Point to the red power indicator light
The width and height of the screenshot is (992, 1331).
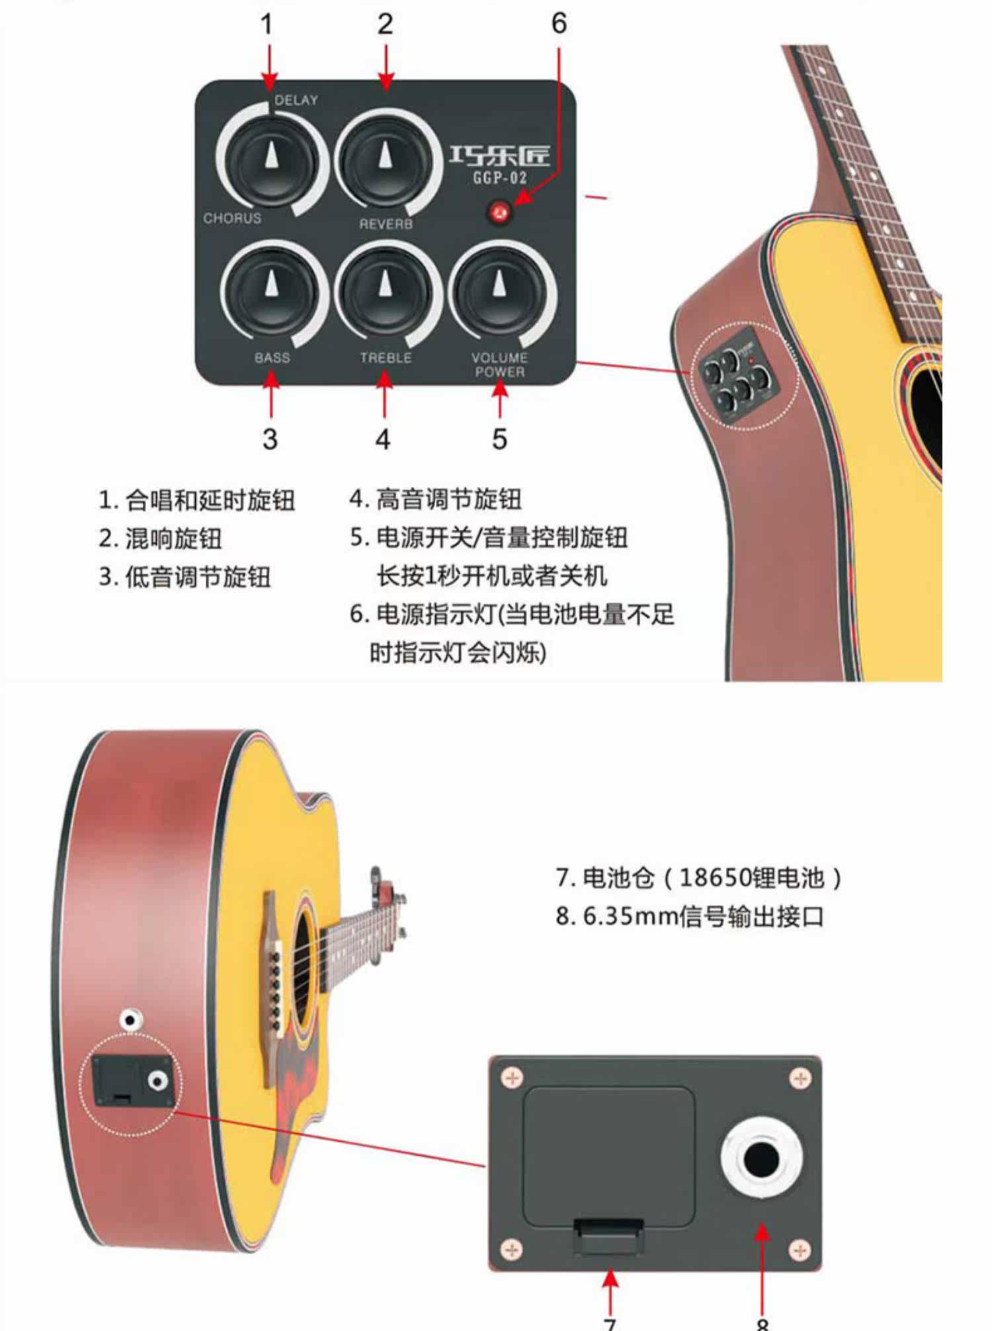499,212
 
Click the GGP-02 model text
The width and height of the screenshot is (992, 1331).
499,178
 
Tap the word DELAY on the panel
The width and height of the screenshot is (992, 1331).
296,100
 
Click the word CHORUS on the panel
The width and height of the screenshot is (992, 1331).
232,218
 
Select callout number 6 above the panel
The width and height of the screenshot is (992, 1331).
559,24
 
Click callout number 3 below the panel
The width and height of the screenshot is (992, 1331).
270,439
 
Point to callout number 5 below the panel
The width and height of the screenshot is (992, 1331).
500,439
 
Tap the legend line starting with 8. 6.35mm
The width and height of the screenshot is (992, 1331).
690,916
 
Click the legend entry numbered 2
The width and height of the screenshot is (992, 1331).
161,538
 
